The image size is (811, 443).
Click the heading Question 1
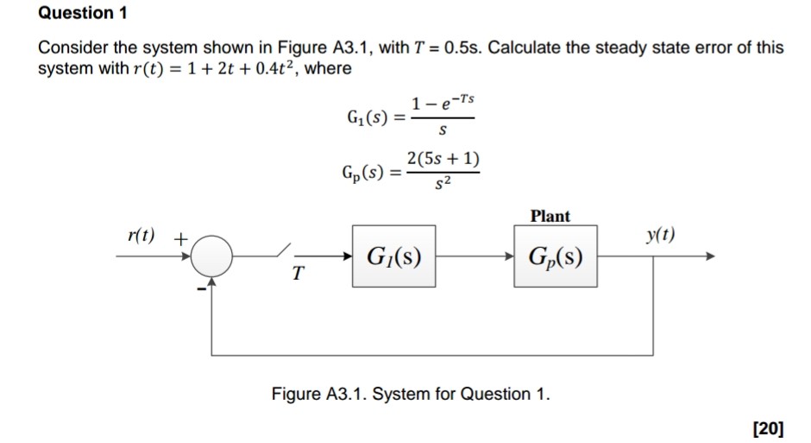[76, 13]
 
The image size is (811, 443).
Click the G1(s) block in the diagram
[393, 256]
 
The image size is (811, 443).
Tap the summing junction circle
[211, 256]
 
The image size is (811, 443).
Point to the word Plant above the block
[550, 216]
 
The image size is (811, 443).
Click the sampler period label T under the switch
[297, 275]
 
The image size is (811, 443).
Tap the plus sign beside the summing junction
[181, 236]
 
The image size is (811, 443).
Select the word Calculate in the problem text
[529, 47]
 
